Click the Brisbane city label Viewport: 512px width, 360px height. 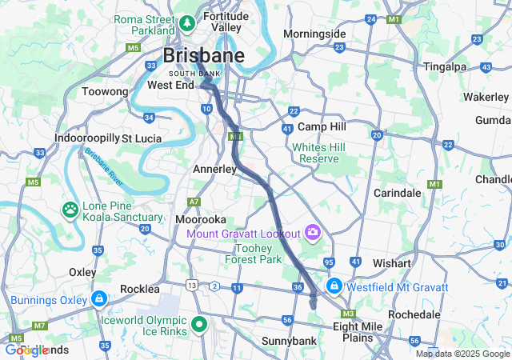pyautogui.click(x=203, y=55)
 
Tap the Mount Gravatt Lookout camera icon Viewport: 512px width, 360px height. pyautogui.click(x=313, y=234)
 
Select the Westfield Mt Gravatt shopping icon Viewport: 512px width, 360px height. pyautogui.click(x=334, y=286)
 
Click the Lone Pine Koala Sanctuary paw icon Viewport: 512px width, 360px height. pyautogui.click(x=70, y=210)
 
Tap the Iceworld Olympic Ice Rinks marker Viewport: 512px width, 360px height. pyautogui.click(x=198, y=325)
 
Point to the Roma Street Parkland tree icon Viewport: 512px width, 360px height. pyautogui.click(x=187, y=24)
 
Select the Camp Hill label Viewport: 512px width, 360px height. pyautogui.click(x=322, y=127)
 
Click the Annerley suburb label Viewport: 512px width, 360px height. pyautogui.click(x=214, y=170)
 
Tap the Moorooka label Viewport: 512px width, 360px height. pyautogui.click(x=201, y=219)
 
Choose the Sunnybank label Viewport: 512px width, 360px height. pyautogui.click(x=289, y=341)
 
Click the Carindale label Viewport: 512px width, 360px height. pyautogui.click(x=397, y=193)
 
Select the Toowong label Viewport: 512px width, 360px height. pyautogui.click(x=105, y=92)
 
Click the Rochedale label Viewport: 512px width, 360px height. pyautogui.click(x=414, y=314)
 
